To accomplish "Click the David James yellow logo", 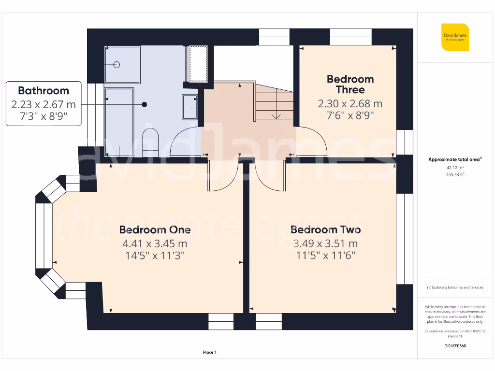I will [x=455, y=37].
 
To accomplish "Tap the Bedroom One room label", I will [x=155, y=229].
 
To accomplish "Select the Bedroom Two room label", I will [x=325, y=229].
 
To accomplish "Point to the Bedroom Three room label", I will [x=350, y=84].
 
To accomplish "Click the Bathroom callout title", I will [x=44, y=90].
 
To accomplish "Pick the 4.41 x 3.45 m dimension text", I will [x=155, y=243].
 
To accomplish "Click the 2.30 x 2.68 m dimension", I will [x=350, y=103].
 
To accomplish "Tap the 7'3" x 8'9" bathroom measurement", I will [x=44, y=116].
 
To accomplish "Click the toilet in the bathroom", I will [x=151, y=142].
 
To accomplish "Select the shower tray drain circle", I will [x=116, y=64].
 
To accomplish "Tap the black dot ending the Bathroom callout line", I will [x=144, y=104].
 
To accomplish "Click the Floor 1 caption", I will [x=209, y=353].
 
